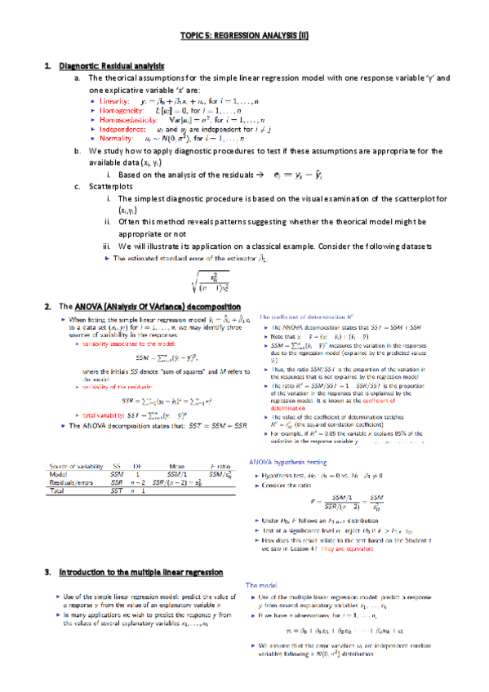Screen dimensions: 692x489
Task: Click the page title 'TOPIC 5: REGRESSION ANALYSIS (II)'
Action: pyautogui.click(x=244, y=37)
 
